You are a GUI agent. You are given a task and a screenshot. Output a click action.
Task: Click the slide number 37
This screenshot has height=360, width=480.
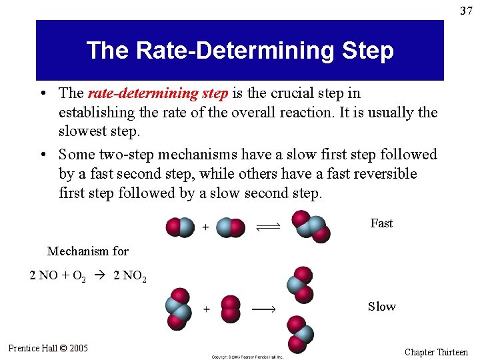click(x=465, y=11)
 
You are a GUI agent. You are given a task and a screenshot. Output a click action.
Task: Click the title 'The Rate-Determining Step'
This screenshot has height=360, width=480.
click(x=240, y=51)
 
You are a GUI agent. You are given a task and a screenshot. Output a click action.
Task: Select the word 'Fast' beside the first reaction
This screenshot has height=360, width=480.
click(x=381, y=223)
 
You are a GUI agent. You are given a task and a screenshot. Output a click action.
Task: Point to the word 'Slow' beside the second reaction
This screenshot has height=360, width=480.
click(x=381, y=307)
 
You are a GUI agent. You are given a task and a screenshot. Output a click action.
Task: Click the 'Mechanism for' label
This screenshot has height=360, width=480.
click(x=88, y=251)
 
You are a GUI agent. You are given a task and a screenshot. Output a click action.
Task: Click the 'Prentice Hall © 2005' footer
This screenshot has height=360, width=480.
click(x=48, y=348)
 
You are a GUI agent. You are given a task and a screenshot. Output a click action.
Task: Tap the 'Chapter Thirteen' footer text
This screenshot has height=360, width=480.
click(x=436, y=352)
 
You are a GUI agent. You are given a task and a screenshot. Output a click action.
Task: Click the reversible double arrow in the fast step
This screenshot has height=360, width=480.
click(x=268, y=227)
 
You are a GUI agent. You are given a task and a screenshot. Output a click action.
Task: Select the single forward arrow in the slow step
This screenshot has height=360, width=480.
click(x=263, y=309)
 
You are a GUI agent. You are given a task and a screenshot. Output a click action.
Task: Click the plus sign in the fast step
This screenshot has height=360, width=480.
click(x=205, y=227)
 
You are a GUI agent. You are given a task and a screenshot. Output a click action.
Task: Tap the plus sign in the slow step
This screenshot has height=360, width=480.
click(x=207, y=309)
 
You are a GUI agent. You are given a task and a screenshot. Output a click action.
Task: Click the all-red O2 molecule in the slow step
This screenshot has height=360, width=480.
click(x=230, y=309)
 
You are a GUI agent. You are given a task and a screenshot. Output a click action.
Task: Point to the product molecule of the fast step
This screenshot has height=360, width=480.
click(x=310, y=227)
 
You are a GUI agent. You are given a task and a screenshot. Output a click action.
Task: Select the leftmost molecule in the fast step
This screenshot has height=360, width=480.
click(x=180, y=227)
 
